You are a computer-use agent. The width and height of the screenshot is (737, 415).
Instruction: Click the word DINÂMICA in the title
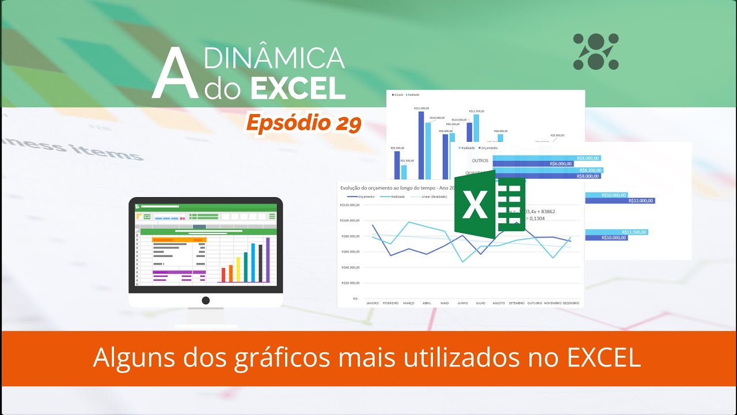coord(275,58)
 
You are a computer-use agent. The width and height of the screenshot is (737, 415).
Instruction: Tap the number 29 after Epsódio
coord(346,123)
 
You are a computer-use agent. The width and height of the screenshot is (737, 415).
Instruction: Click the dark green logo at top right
coord(595,52)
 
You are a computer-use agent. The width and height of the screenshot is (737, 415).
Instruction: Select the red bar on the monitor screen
coord(223,275)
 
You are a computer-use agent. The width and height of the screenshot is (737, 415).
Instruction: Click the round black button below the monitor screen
coord(206,300)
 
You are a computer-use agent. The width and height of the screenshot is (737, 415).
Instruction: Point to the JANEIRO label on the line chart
coord(372,303)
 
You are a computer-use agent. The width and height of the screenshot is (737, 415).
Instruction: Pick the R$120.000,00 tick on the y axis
coord(349,205)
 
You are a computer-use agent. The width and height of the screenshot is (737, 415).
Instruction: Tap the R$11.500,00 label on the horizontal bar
coord(629,232)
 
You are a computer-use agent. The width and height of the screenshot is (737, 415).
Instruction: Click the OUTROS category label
coord(480,160)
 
